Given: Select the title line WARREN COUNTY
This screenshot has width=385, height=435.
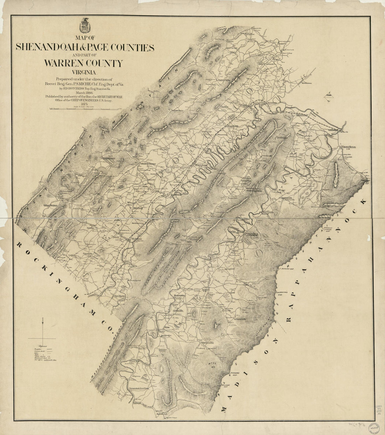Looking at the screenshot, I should point(83,63).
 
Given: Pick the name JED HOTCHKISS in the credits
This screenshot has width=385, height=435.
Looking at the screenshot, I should point(66,89).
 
